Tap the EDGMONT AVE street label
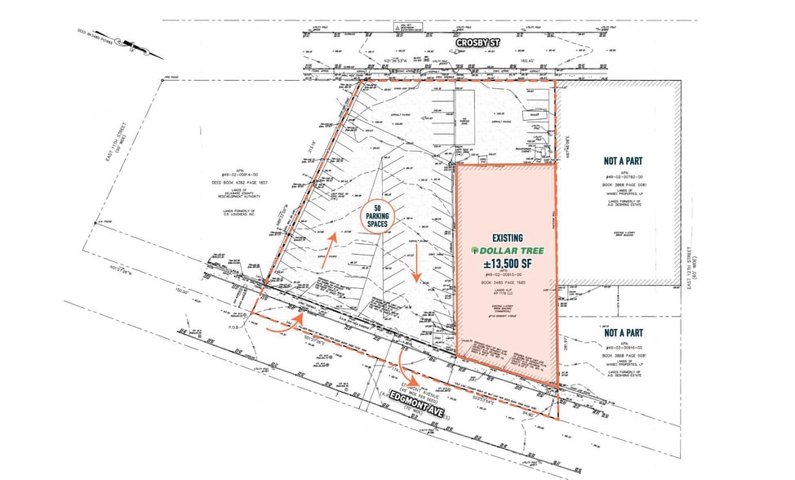click(x=423, y=407)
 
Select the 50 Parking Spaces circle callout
click(x=379, y=216)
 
